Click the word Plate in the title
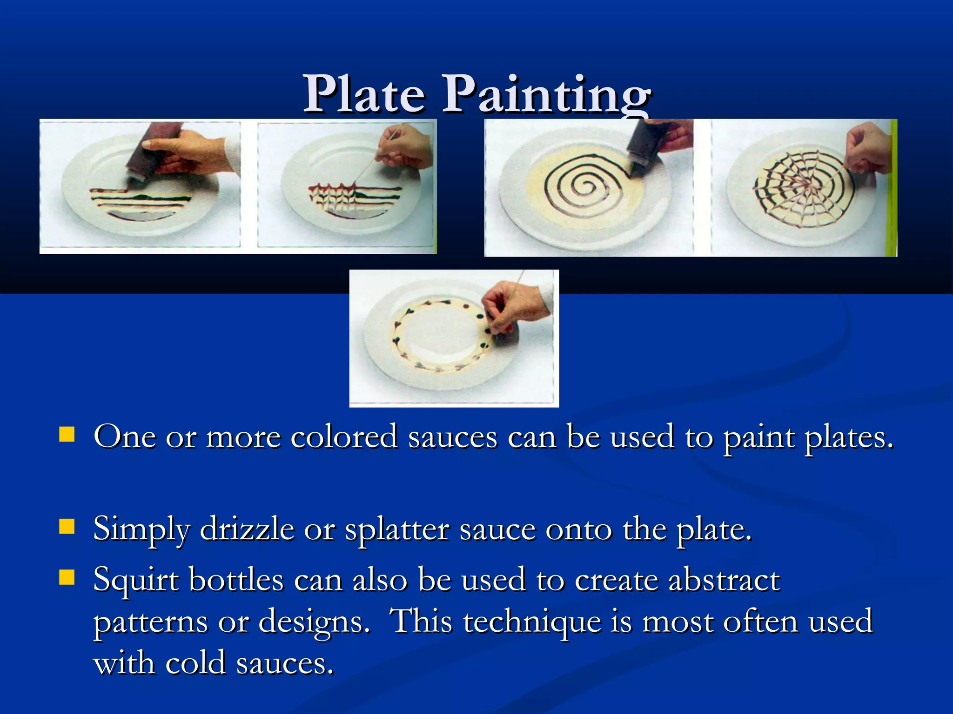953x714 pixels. (364, 94)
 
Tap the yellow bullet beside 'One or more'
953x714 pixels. (67, 435)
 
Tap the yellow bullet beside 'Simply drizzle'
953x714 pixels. (67, 527)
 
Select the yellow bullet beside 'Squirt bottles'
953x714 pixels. (67, 577)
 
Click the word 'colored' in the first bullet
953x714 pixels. (344, 437)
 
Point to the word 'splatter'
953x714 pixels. (396, 529)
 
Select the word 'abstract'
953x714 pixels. (724, 580)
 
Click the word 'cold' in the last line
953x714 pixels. (195, 663)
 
